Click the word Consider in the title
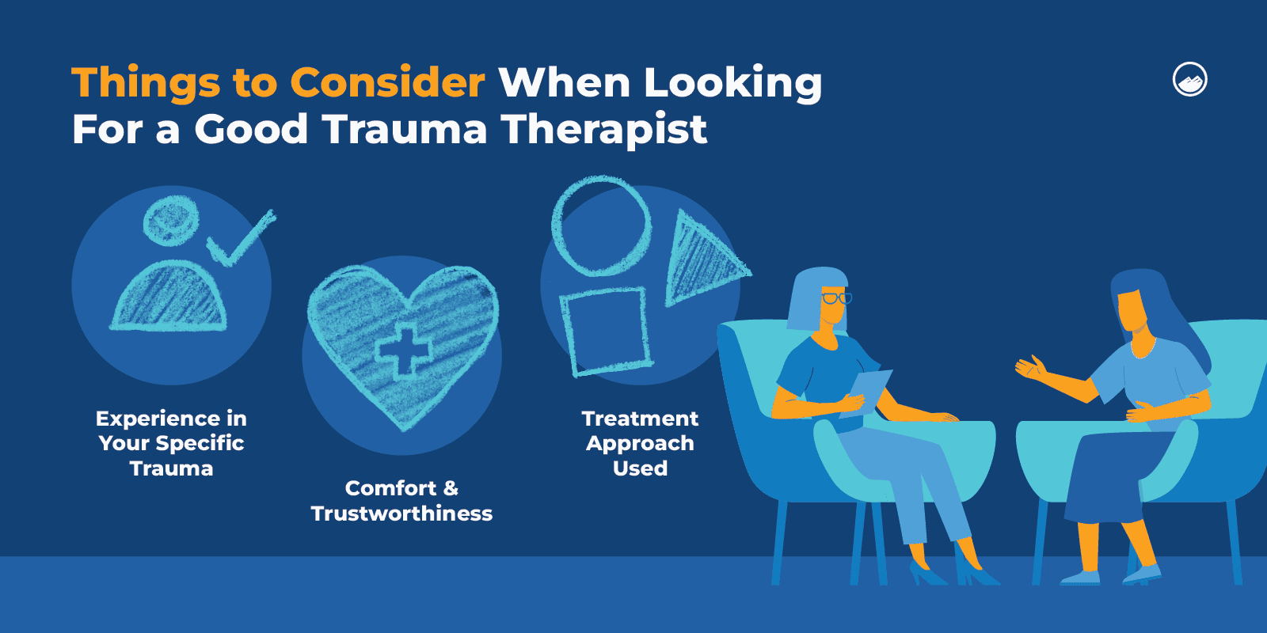click(x=387, y=82)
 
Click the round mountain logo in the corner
click(x=1189, y=80)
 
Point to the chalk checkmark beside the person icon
click(x=241, y=239)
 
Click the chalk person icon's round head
click(x=171, y=220)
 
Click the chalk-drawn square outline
click(x=605, y=331)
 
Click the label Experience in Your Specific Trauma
click(x=171, y=443)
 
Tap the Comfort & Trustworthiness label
click(x=401, y=501)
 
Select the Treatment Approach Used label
click(x=640, y=443)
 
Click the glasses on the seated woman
click(x=835, y=298)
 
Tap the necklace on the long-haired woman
click(x=1143, y=349)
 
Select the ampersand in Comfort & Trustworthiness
click(x=450, y=488)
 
